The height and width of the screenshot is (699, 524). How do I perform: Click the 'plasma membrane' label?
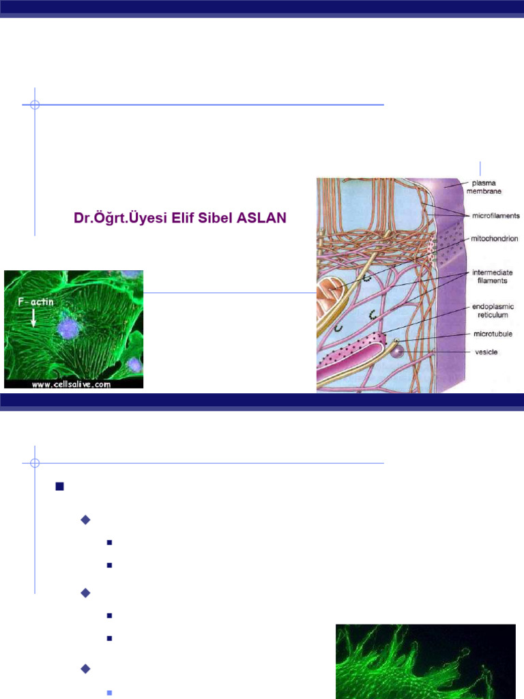tap(487, 187)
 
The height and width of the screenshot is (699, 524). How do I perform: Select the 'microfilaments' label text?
tap(495, 216)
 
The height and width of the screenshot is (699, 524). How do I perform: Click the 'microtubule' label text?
tap(493, 334)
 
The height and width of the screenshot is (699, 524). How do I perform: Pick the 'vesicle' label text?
tap(486, 352)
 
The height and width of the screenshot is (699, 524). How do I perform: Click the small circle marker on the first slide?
tap(35, 105)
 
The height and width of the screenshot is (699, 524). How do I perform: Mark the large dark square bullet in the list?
tap(59, 487)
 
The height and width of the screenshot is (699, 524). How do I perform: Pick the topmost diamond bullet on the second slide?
tap(85, 520)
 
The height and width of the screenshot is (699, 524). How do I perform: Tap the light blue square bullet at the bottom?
tap(109, 692)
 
